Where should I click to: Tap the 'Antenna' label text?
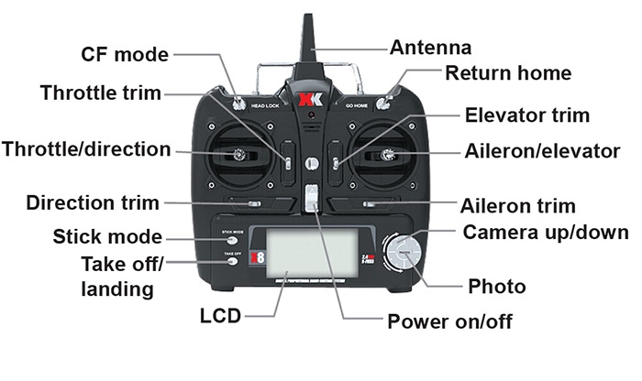[430, 48]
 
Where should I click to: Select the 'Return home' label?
[507, 73]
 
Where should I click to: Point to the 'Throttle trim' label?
[100, 93]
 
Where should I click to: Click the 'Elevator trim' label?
[526, 115]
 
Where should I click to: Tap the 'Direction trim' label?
[93, 202]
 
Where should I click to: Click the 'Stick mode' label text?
[107, 238]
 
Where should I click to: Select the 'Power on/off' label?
[448, 321]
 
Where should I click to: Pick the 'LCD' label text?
[220, 317]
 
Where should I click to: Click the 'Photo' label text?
[496, 287]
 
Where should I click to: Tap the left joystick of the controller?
[240, 157]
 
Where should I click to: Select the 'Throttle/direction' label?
[86, 149]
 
